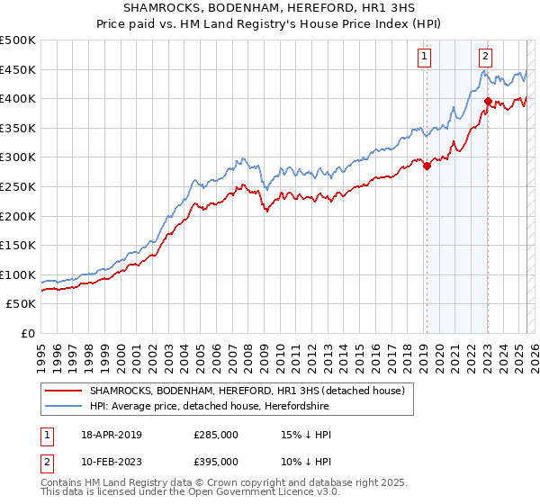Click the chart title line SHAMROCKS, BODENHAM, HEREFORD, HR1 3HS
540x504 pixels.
click(x=270, y=8)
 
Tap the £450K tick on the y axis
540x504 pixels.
click(x=19, y=69)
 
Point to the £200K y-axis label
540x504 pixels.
click(x=19, y=216)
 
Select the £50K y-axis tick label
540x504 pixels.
click(x=22, y=304)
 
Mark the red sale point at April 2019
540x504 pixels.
click(x=427, y=166)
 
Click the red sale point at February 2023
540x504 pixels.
click(x=488, y=101)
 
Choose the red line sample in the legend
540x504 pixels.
click(x=64, y=391)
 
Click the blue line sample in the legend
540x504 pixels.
click(x=64, y=406)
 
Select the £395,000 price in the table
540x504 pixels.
click(x=216, y=462)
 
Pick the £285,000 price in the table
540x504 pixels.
click(x=216, y=435)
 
